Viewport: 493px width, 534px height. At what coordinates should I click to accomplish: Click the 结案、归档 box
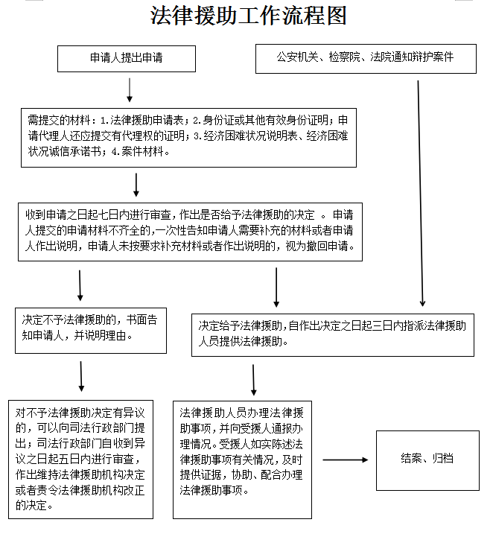[427, 459]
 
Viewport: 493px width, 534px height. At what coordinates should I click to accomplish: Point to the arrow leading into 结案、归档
[345, 460]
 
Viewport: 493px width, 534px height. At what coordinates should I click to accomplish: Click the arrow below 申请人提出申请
[130, 89]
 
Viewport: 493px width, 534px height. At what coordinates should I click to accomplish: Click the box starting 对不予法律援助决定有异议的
[80, 458]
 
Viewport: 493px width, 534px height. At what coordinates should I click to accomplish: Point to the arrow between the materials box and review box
[136, 184]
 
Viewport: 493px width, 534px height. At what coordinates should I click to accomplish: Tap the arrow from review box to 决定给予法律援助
[276, 287]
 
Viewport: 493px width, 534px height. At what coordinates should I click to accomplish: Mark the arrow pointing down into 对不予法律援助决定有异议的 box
[81, 377]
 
